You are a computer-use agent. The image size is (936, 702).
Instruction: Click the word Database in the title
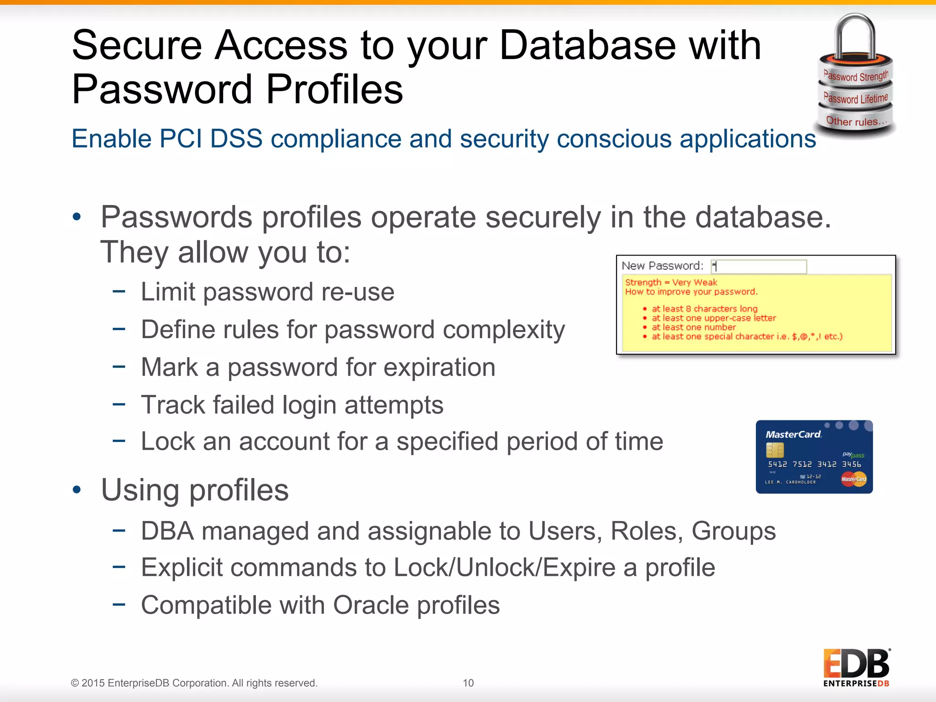point(587,45)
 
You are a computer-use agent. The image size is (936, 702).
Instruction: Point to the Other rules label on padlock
point(856,122)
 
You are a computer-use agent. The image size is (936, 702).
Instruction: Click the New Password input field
point(759,266)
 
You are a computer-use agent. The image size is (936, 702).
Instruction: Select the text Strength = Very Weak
point(670,282)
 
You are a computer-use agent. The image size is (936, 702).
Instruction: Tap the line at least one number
point(693,327)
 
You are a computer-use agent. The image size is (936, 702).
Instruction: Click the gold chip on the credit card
point(775,450)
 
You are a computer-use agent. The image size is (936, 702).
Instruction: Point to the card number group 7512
point(802,464)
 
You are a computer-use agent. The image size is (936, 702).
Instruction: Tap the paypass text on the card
point(853,454)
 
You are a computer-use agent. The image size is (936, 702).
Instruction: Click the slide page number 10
point(468,683)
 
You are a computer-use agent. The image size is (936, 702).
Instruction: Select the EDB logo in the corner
point(856,667)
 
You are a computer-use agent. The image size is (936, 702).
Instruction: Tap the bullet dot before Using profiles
point(77,490)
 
